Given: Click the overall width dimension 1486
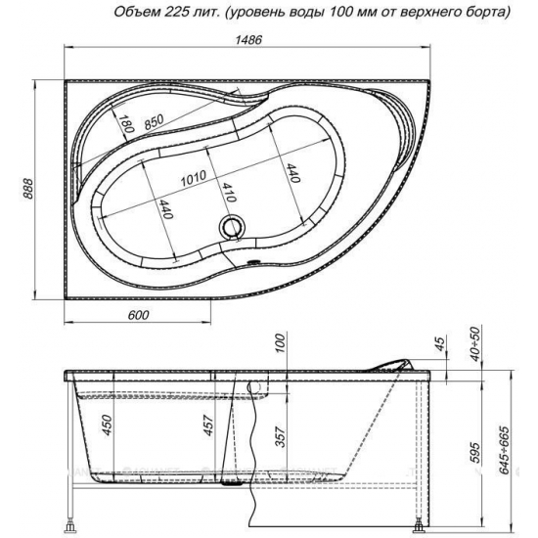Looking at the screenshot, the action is (x=248, y=40).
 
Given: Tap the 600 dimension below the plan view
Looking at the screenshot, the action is (x=138, y=315).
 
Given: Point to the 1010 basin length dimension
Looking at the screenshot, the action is (x=194, y=178).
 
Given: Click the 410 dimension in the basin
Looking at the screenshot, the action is (x=229, y=193).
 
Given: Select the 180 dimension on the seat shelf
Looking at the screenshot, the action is (x=126, y=123).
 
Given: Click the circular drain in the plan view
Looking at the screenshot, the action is (x=232, y=226).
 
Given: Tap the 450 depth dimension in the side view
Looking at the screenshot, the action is (x=108, y=426).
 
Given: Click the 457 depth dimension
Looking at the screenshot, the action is (x=209, y=426).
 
